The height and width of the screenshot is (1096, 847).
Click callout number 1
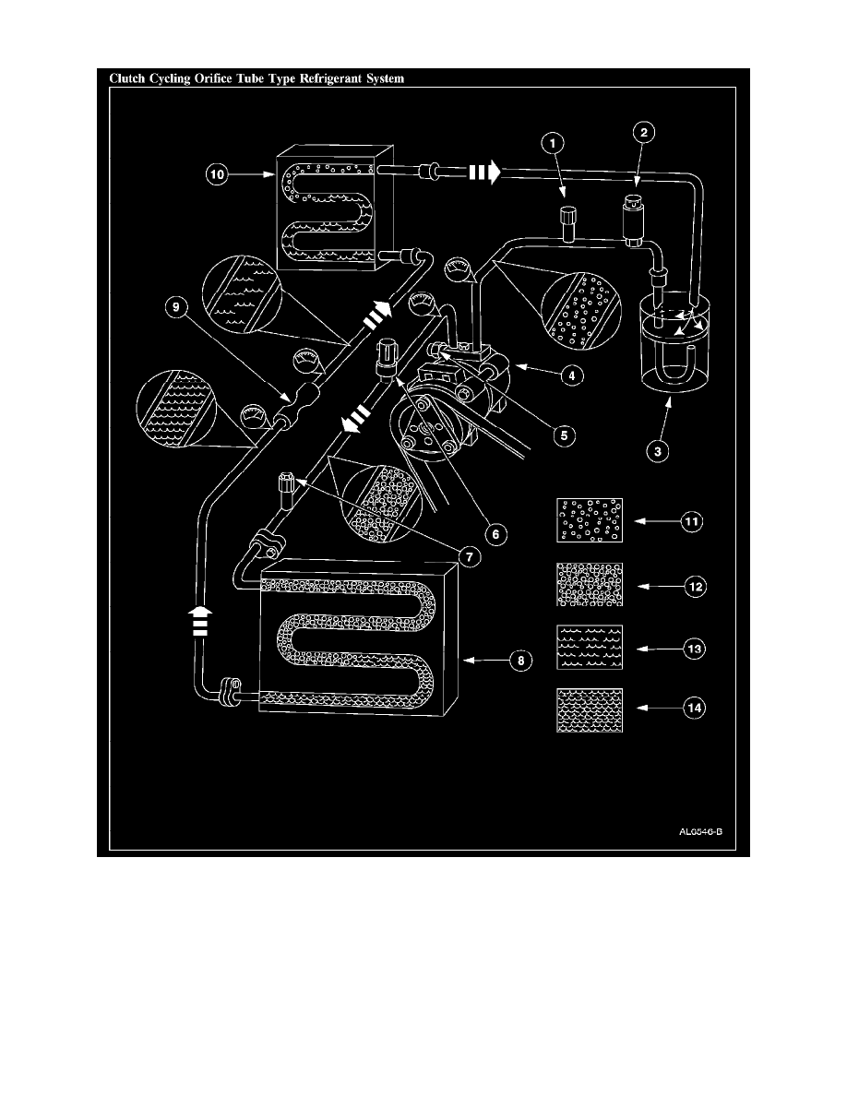tap(552, 143)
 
